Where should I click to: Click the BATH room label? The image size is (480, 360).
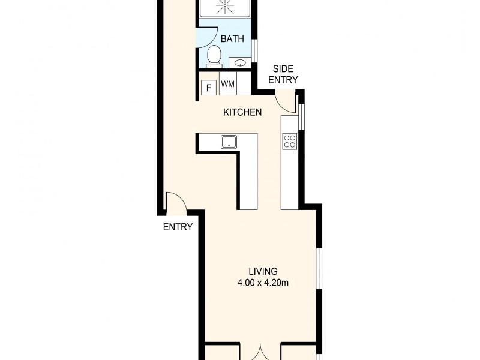tap(232, 39)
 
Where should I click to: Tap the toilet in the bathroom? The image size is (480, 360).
tap(213, 57)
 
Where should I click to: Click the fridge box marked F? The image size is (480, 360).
tap(208, 88)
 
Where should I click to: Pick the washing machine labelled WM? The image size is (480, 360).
tap(227, 84)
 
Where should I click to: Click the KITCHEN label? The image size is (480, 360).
tap(242, 112)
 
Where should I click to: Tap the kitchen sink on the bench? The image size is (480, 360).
tap(229, 142)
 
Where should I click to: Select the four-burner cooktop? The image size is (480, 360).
tap(289, 142)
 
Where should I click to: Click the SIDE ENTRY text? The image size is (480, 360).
tap(283, 74)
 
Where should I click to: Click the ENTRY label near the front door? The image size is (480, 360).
tap(178, 227)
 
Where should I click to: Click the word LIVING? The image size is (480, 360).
tap(263, 271)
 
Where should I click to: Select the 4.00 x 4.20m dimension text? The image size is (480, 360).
tap(263, 283)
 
